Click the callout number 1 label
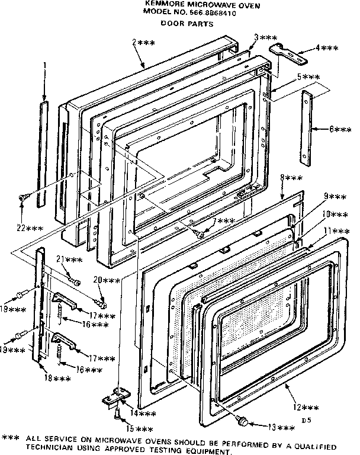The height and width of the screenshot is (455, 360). (x=44, y=73)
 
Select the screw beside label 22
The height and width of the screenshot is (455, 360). (x=23, y=198)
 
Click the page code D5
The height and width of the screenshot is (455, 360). (x=306, y=420)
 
